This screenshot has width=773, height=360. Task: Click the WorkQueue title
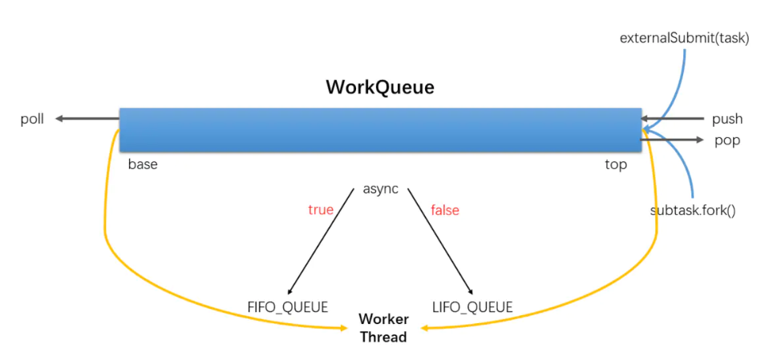click(x=379, y=87)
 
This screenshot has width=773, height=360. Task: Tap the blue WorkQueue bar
click(x=380, y=129)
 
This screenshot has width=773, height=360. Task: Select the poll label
click(x=32, y=119)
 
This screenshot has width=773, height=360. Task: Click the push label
click(x=727, y=119)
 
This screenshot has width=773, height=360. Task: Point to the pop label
click(x=726, y=140)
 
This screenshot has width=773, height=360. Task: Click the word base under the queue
click(x=143, y=165)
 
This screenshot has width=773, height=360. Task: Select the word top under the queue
click(x=616, y=165)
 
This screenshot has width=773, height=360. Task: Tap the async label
click(x=380, y=189)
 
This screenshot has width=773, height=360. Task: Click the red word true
click(x=321, y=210)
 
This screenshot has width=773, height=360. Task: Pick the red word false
click(x=444, y=210)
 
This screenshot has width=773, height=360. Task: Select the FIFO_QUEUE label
click(x=288, y=306)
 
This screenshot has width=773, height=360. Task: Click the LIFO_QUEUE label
click(x=472, y=306)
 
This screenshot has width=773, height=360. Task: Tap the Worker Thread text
click(x=383, y=328)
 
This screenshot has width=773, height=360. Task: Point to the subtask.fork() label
click(x=693, y=211)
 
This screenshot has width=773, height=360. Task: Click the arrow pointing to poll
click(x=87, y=119)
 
